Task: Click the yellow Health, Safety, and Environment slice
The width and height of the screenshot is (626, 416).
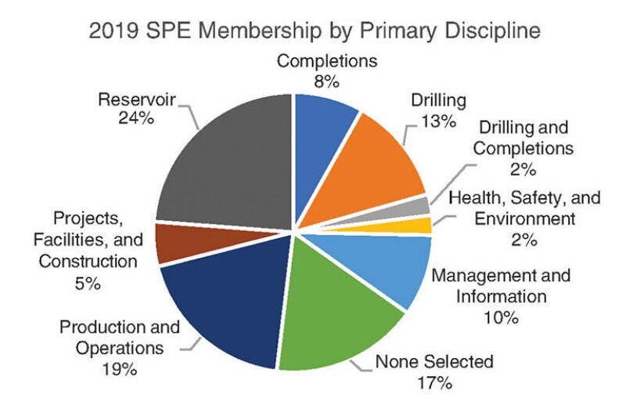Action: coord(421,226)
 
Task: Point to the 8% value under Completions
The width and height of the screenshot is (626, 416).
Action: coord(338,80)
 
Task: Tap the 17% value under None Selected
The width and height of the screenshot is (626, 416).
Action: coord(434,383)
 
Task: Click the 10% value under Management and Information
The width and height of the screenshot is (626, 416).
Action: coord(501,317)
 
